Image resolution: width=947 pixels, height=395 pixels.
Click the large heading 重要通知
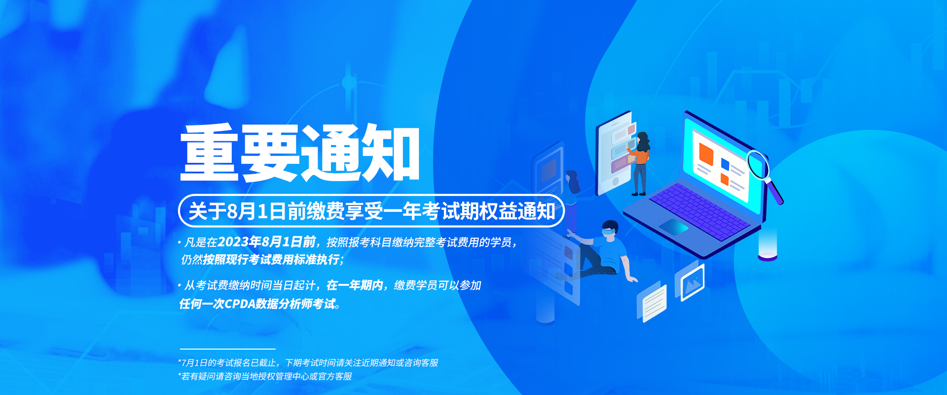point(300,153)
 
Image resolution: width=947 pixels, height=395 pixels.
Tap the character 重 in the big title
point(210,153)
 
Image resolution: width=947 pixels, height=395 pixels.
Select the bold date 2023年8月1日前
point(267,242)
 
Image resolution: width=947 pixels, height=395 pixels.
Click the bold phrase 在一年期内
point(355,285)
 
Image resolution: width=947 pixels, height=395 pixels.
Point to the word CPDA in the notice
point(240,304)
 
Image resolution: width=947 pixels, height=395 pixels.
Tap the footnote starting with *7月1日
point(308,363)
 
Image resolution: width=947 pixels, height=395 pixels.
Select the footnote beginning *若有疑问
point(265,376)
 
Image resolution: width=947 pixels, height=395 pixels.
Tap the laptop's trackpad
point(673,227)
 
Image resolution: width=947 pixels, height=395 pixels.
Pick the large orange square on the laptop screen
point(706,154)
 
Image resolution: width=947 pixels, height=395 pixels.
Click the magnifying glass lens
point(758,165)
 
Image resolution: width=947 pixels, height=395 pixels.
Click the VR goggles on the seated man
point(609,230)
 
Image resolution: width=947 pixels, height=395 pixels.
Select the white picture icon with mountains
point(692,282)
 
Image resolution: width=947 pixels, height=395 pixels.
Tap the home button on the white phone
point(616,181)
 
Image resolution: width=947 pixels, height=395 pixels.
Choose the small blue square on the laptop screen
point(725,163)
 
